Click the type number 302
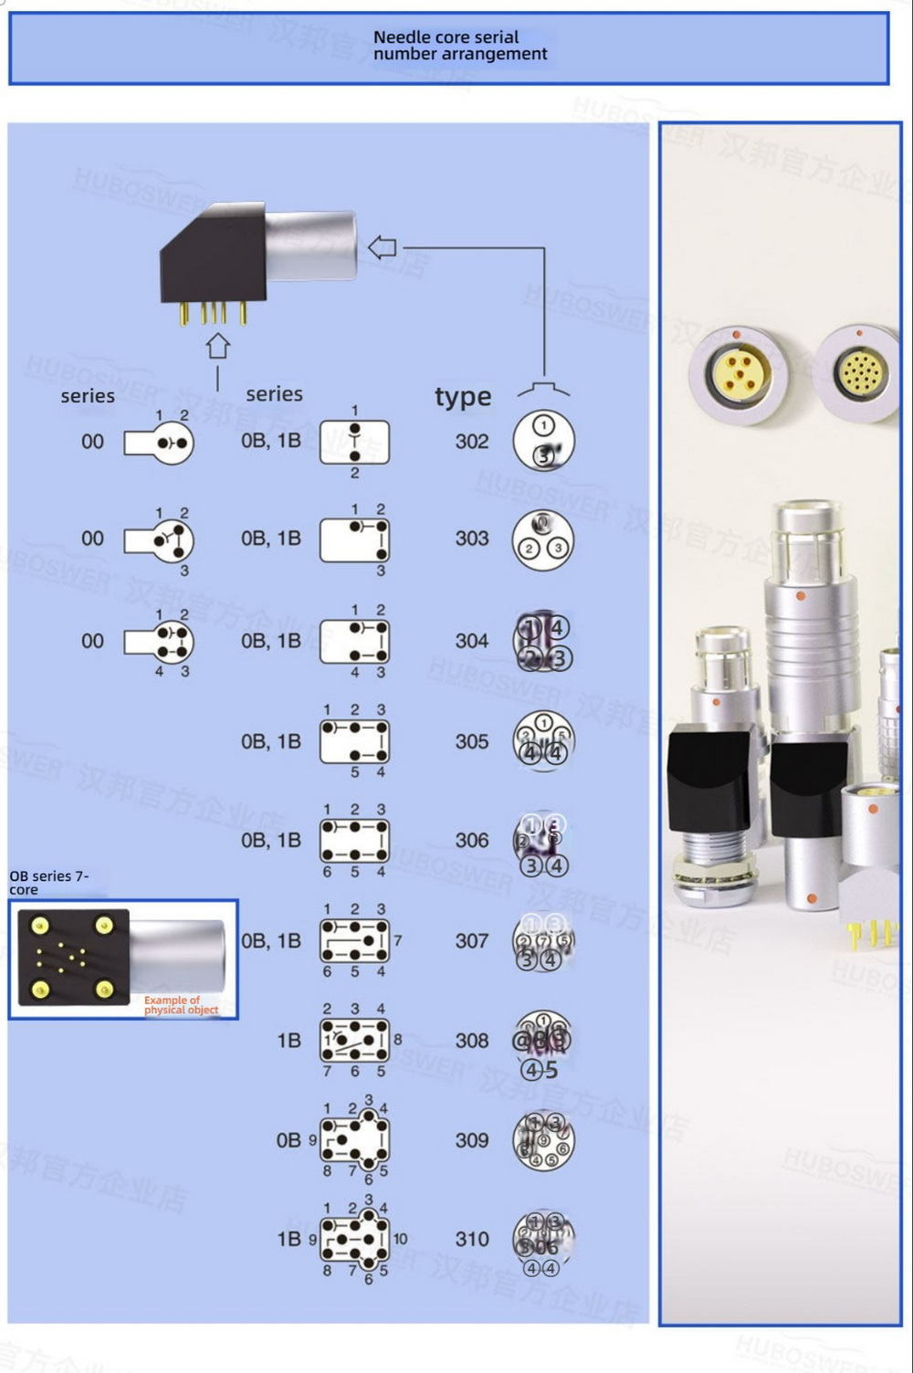click(472, 442)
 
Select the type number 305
click(472, 741)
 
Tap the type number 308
click(472, 1041)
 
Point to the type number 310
click(472, 1239)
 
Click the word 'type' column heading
click(463, 397)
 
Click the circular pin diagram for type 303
click(543, 540)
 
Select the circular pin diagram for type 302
click(543, 440)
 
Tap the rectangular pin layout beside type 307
click(355, 940)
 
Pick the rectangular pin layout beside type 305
click(355, 741)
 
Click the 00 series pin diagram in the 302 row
click(161, 444)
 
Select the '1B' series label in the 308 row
click(289, 1041)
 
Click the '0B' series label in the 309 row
click(289, 1140)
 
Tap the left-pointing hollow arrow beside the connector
click(382, 246)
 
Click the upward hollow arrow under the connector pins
click(217, 346)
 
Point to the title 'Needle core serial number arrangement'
click(459, 46)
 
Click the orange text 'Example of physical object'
click(181, 1005)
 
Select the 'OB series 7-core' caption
click(49, 882)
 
